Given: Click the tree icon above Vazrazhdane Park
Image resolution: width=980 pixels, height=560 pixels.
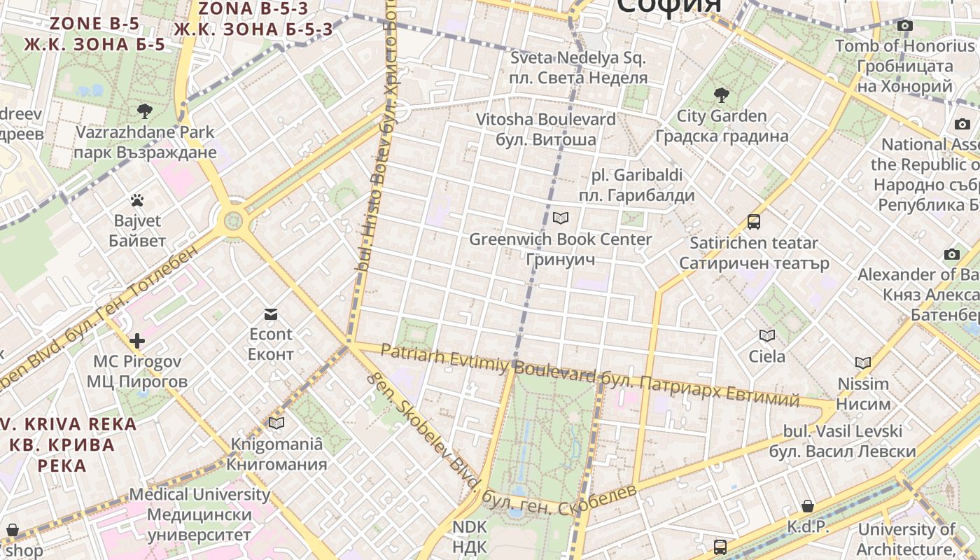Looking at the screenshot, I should pos(145,111).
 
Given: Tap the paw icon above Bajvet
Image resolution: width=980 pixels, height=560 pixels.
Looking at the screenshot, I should pos(137,201).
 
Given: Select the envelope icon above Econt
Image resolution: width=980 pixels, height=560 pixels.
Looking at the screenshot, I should pos(271,314).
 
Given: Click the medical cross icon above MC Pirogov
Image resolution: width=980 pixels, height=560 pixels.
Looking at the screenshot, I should pos(137,341).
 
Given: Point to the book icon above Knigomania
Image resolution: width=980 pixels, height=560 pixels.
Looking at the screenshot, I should pos(276,423).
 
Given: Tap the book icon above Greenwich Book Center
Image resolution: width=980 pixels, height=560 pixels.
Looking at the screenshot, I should pos(560,218).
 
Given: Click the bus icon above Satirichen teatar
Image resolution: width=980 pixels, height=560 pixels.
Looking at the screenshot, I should pos(754,222).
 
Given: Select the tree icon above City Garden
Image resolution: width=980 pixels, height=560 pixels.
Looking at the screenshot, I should pos(721,94).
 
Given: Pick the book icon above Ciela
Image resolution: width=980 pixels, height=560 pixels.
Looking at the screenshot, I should pos(767,336).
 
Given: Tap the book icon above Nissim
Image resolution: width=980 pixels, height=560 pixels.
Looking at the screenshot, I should pos(863,363).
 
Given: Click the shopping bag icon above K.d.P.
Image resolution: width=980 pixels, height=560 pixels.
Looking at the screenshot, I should pos(808,505).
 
